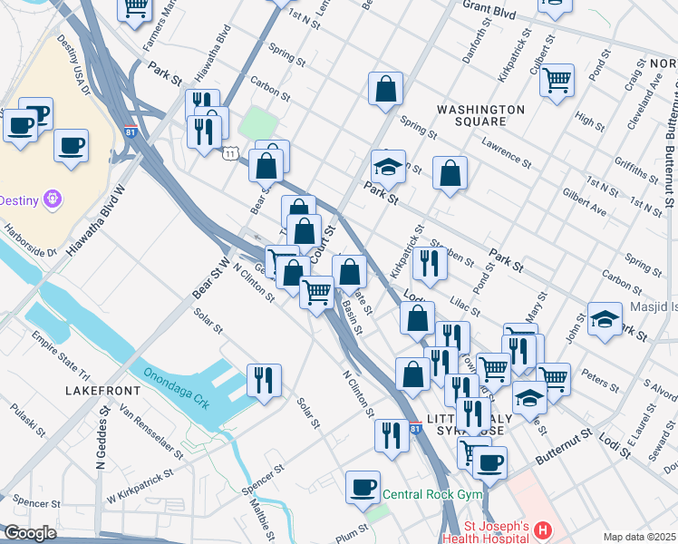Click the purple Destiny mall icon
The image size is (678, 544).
click(53, 198)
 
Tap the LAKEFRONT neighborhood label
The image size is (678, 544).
click(103, 390)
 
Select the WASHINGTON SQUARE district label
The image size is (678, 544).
click(479, 115)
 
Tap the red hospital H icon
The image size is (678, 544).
click(542, 529)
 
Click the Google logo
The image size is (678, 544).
click(30, 533)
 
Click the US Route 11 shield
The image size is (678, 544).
click(232, 154)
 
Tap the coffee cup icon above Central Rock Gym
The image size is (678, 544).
click(363, 487)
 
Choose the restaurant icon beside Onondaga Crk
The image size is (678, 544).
click(264, 379)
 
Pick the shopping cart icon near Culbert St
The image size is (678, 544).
click(557, 79)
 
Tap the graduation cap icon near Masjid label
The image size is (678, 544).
click(605, 318)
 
